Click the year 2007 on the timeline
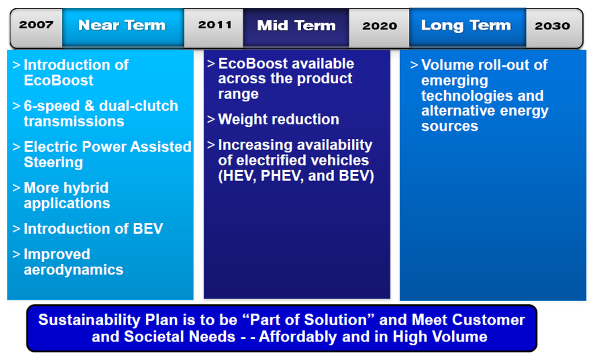(x=36, y=25)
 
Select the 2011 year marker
(x=215, y=25)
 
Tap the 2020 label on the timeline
(x=380, y=25)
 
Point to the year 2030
(x=552, y=25)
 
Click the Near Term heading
(x=122, y=25)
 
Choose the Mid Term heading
(x=296, y=25)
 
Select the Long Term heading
(x=466, y=25)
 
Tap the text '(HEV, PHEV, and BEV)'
(x=296, y=176)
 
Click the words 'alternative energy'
(x=485, y=111)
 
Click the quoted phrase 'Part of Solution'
(x=308, y=320)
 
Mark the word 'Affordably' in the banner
(x=298, y=336)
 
